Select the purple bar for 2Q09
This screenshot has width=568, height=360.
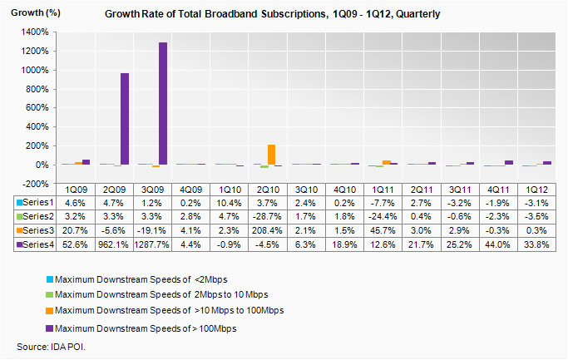pos(124,119)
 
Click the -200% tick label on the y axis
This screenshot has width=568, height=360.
pos(36,184)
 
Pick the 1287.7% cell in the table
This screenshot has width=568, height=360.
pos(156,243)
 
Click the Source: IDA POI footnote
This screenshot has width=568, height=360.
pos(52,346)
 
